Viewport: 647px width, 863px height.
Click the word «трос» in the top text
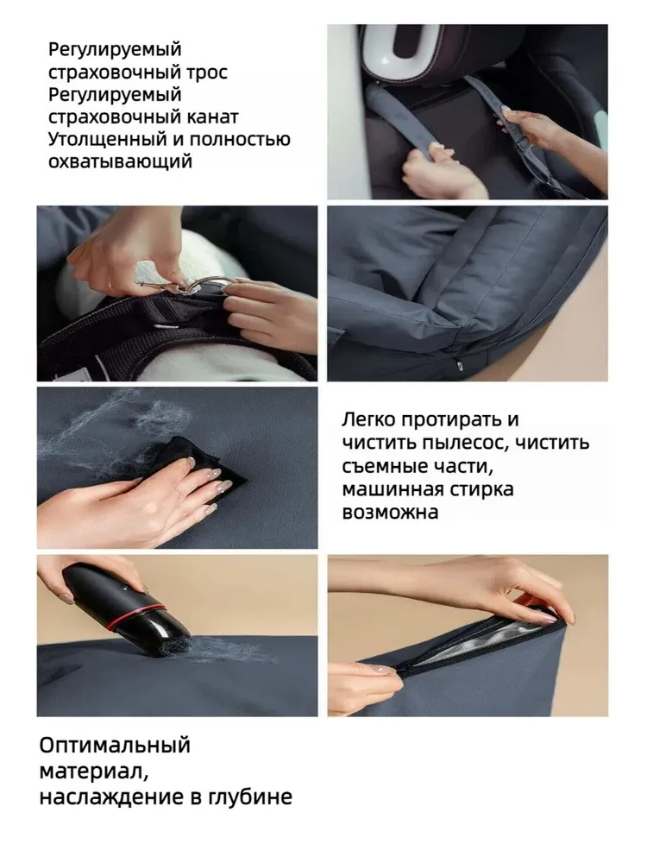(x=207, y=72)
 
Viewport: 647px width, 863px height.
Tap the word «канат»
(x=212, y=117)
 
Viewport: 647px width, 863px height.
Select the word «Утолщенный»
(x=108, y=139)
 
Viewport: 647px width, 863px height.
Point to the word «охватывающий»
(x=121, y=162)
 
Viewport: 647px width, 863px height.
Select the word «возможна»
(x=390, y=512)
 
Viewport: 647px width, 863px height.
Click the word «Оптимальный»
(x=115, y=746)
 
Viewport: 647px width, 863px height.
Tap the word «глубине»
(x=249, y=797)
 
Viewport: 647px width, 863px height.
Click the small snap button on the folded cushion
(x=458, y=362)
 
